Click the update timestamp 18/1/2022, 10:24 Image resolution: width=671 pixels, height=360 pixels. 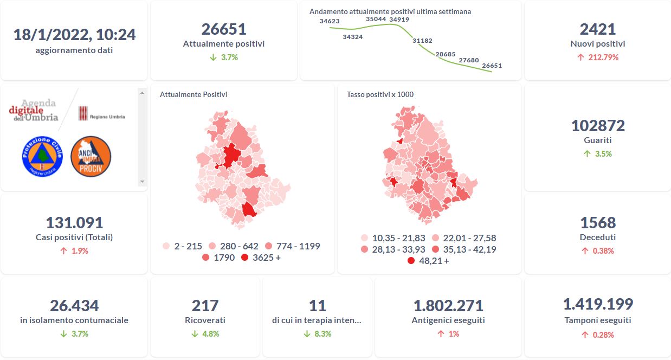click(x=74, y=35)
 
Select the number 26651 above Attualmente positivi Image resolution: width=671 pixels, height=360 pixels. click(x=224, y=29)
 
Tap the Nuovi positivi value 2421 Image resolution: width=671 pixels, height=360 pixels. click(x=597, y=29)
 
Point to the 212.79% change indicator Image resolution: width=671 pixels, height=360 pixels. click(x=598, y=57)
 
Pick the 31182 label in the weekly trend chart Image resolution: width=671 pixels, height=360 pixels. click(x=422, y=41)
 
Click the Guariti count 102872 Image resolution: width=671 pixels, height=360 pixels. click(x=598, y=126)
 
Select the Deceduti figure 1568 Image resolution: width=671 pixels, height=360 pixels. click(x=598, y=223)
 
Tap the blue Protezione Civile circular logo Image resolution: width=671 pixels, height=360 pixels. click(x=42, y=156)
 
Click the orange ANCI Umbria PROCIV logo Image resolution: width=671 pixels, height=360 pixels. click(x=91, y=156)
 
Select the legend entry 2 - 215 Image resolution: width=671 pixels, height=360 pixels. click(x=182, y=246)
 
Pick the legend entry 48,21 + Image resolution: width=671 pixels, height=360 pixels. click(x=428, y=261)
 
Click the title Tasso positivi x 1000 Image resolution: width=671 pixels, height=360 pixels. click(x=380, y=94)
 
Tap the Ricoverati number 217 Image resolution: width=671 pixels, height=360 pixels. click(x=205, y=306)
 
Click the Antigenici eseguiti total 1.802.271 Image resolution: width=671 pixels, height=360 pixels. click(x=448, y=306)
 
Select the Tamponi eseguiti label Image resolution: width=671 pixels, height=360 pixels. click(x=598, y=320)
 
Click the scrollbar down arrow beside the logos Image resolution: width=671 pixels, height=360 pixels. click(x=143, y=182)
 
